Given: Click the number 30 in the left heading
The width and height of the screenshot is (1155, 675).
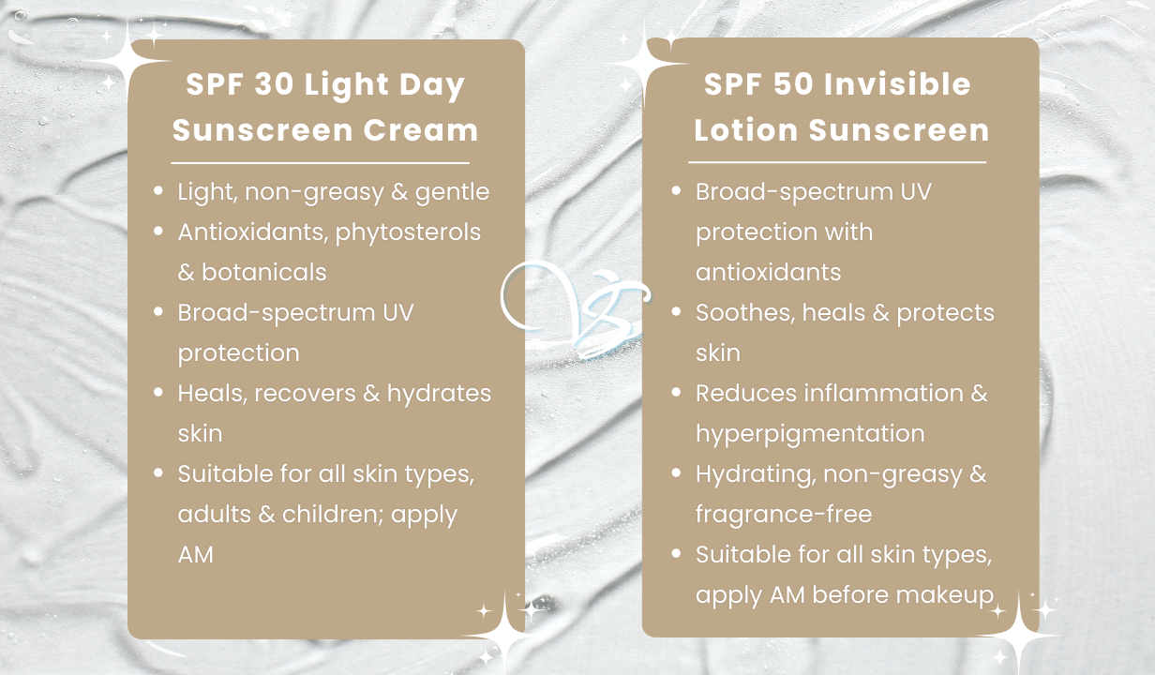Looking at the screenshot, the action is pos(275,83).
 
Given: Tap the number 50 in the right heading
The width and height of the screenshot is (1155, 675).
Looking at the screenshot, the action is pos(793,83).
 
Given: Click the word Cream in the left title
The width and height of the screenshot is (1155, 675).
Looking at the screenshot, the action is pos(421,129).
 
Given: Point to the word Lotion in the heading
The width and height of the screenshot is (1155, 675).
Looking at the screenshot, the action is pos(746,129).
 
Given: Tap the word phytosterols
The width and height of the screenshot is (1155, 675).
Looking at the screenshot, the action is pos(408,233).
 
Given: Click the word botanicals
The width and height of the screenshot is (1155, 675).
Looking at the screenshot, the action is pos(263,272).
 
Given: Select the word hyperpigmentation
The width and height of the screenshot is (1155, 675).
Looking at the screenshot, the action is pos(810,434).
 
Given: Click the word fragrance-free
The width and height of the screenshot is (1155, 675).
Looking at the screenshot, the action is pos(784,515).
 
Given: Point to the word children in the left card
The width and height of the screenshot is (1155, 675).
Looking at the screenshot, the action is pos(334,514).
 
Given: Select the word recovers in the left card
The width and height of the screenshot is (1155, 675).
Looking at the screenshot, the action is pos(305,394).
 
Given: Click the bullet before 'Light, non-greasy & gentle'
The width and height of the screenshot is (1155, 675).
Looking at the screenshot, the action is pos(158,191).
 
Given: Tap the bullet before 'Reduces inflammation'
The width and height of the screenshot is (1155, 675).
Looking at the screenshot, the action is pos(677,393).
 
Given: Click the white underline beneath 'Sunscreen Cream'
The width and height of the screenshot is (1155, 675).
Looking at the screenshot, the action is pos(321,163).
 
